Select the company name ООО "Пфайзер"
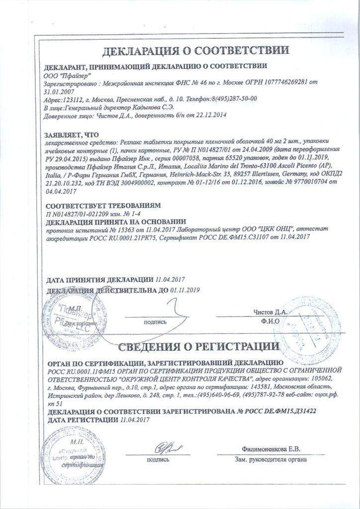[65, 75]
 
